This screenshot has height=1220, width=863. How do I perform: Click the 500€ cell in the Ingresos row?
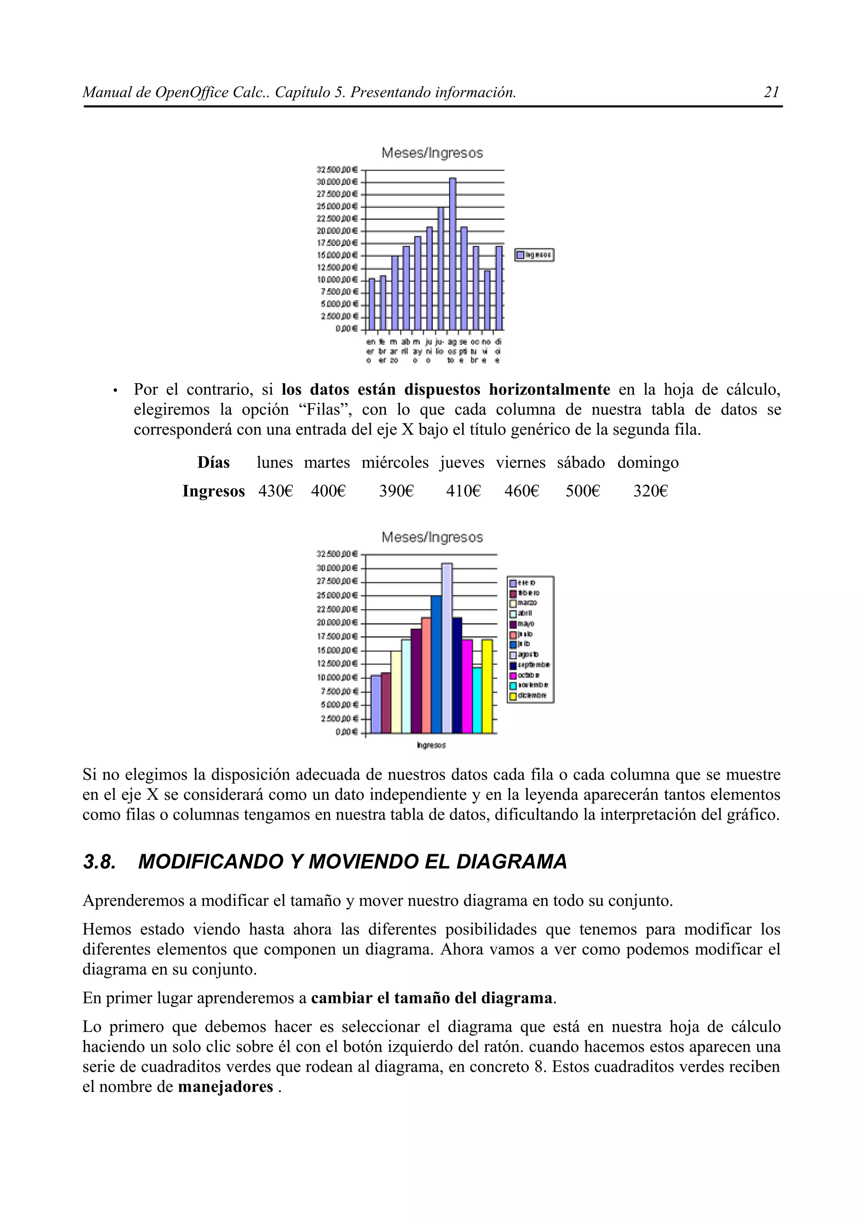[582, 491]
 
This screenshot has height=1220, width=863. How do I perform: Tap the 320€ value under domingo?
[650, 491]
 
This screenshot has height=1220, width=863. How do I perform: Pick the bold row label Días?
[213, 463]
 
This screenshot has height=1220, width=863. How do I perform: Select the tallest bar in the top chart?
[453, 254]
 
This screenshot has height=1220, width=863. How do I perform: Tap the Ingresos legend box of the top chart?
[534, 256]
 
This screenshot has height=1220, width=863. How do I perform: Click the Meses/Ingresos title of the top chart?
[432, 153]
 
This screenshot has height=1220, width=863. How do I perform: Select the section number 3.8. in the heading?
[99, 862]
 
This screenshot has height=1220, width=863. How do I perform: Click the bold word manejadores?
[225, 1087]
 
